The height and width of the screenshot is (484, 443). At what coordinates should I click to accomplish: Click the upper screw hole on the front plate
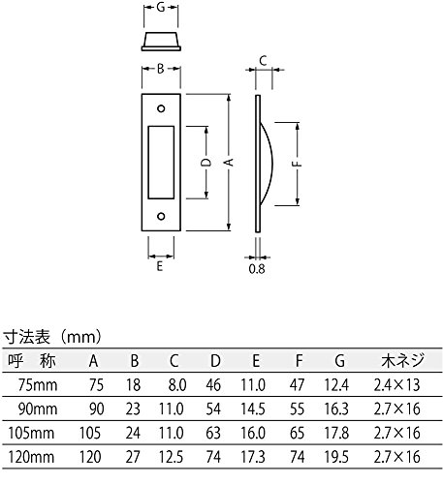coord(161,108)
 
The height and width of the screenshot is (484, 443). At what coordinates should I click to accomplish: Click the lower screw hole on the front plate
coord(161,216)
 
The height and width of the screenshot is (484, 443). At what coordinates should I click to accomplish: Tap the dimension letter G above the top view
coord(161,7)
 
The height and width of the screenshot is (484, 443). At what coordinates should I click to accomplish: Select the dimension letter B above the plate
coord(161,69)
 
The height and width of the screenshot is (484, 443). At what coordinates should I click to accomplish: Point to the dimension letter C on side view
coord(263,61)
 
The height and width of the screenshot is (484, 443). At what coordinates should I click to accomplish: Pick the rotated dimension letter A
coord(229,163)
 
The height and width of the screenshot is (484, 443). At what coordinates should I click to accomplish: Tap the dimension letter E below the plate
coord(160,266)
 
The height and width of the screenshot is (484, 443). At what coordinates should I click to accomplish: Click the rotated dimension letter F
coord(298,164)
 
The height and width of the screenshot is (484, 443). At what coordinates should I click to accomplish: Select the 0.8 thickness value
coord(257,269)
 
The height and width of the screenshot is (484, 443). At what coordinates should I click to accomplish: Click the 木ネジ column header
coord(402,360)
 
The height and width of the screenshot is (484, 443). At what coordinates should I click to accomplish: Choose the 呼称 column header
coord(32,360)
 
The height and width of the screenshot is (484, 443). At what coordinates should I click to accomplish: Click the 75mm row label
coord(38,385)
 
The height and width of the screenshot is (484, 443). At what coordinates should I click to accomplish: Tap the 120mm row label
coord(31,457)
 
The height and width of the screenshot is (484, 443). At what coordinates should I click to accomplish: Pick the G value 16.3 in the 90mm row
coord(336,408)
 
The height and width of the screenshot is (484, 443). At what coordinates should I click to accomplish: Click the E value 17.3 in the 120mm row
coord(253,457)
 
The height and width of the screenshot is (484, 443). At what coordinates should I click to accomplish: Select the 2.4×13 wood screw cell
coord(397,385)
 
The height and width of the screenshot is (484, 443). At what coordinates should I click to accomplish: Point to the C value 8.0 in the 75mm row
coord(177,385)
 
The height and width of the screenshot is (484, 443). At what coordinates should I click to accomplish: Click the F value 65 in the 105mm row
coord(298,433)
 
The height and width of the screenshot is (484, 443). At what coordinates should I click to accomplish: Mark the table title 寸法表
coord(27,337)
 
